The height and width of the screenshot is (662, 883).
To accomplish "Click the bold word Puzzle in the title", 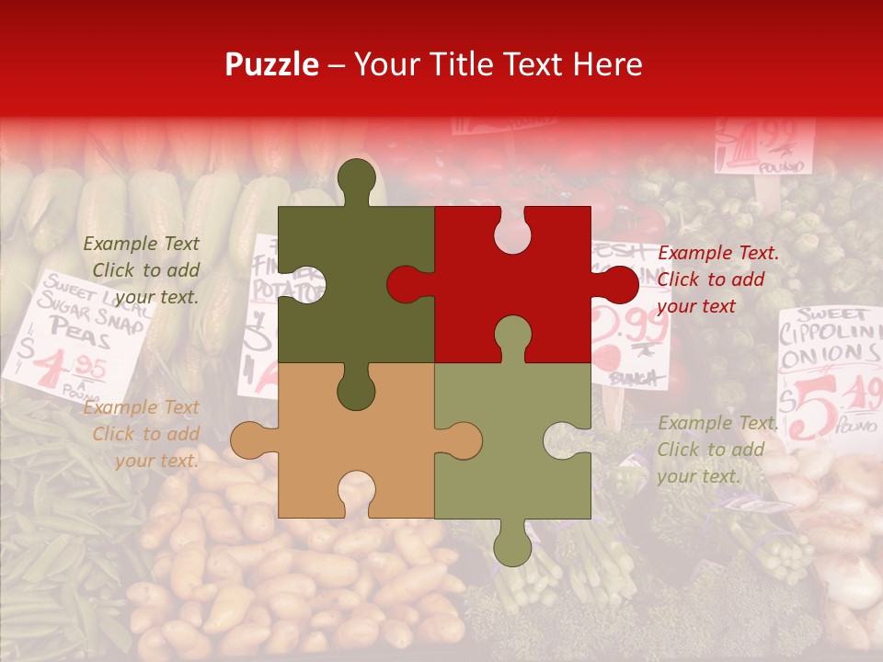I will pos(272,64).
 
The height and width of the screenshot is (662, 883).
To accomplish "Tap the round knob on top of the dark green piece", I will pos(357,177).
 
